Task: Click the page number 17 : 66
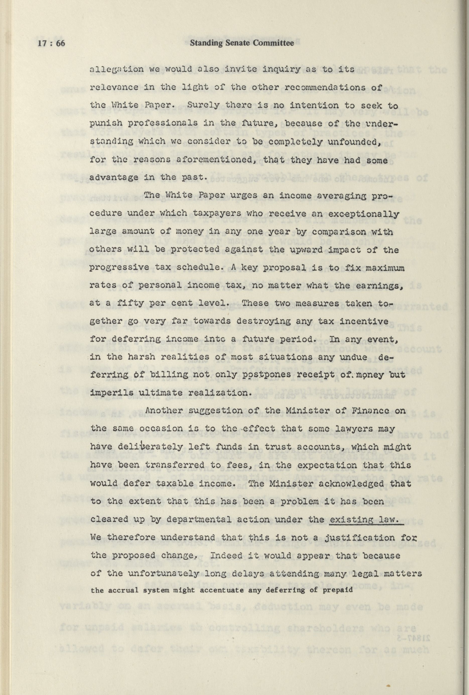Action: (x=51, y=43)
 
